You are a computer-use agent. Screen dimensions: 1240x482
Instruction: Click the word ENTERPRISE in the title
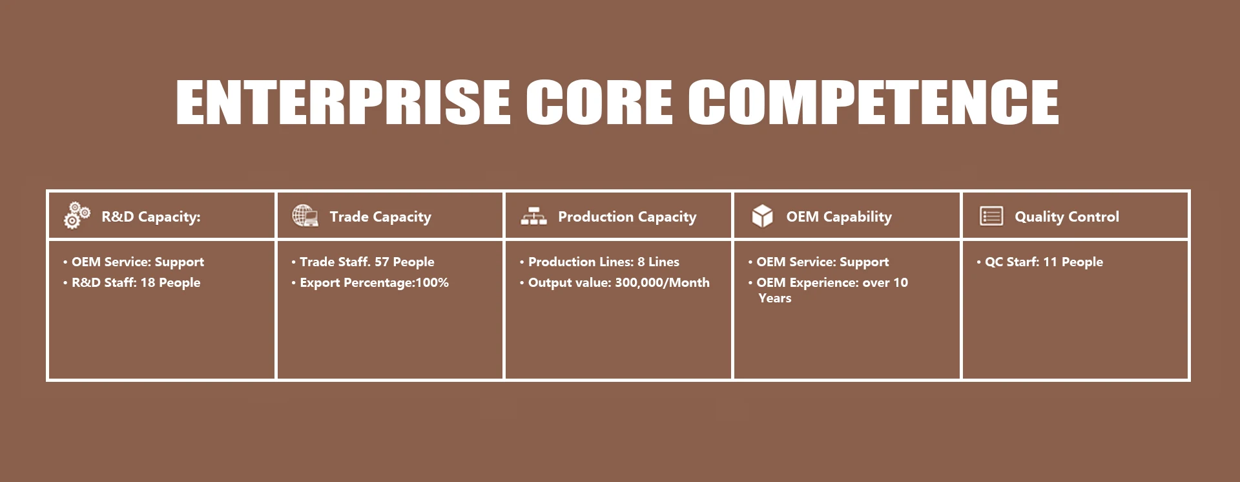tap(343, 102)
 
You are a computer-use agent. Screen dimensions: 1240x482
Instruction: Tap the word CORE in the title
tap(599, 102)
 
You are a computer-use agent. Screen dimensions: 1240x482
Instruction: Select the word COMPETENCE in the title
tap(873, 102)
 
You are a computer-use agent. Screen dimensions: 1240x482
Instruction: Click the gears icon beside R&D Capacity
tap(77, 216)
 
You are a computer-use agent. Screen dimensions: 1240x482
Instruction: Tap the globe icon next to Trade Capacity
tap(305, 216)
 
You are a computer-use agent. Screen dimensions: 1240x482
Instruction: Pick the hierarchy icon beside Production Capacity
tap(533, 216)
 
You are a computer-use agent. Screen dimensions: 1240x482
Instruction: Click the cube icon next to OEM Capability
tap(762, 216)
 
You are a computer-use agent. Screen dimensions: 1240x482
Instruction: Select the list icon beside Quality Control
tap(991, 216)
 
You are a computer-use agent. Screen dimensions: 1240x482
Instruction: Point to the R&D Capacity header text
tap(151, 217)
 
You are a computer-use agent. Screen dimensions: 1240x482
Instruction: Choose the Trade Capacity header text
tap(380, 217)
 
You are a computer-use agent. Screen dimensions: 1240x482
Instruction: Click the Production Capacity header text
tap(627, 217)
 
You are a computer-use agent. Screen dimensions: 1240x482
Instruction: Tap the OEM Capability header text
tap(839, 217)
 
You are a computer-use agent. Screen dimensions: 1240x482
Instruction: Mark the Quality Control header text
tap(1067, 217)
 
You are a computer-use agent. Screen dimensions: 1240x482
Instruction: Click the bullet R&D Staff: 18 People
tap(132, 282)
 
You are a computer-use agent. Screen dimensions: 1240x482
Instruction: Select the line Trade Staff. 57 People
tap(363, 262)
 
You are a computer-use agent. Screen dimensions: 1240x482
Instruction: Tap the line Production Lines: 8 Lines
tap(600, 262)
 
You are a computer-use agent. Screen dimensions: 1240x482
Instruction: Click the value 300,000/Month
tap(662, 282)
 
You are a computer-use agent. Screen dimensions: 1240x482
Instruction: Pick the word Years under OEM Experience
tap(775, 298)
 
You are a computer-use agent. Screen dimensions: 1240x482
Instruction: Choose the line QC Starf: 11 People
tap(1040, 262)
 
